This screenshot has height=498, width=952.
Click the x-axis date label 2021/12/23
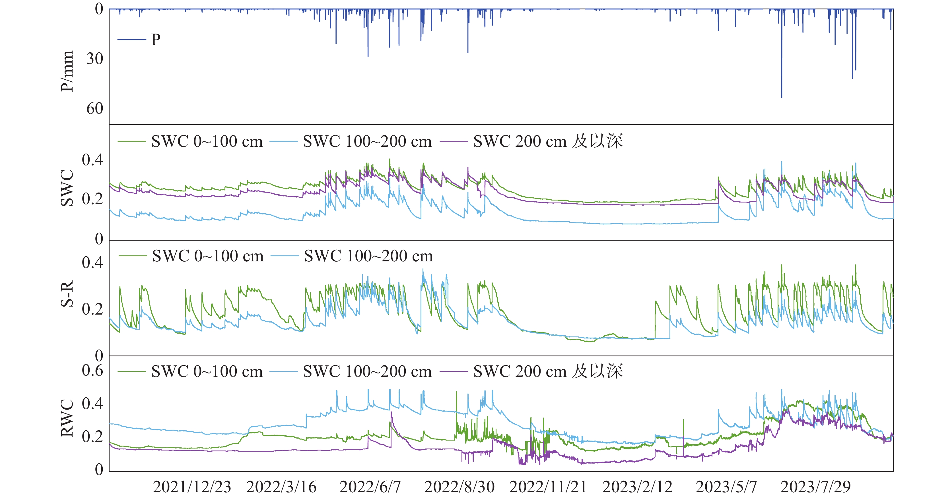pyautogui.click(x=192, y=487)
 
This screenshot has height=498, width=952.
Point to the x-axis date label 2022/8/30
pyautogui.click(x=459, y=487)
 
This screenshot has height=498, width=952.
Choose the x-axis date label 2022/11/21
pyautogui.click(x=548, y=487)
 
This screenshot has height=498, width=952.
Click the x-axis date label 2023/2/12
pyautogui.click(x=638, y=487)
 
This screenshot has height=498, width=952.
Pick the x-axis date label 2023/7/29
pyautogui.click(x=816, y=487)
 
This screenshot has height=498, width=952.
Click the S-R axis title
pyautogui.click(x=67, y=294)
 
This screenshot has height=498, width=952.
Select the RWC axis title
pyautogui.click(x=67, y=418)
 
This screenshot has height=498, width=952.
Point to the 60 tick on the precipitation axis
pyautogui.click(x=95, y=109)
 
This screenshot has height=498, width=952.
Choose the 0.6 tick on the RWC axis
pyautogui.click(x=92, y=371)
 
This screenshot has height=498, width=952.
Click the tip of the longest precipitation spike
pyautogui.click(x=782, y=98)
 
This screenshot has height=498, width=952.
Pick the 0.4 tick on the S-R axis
pyautogui.click(x=92, y=263)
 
